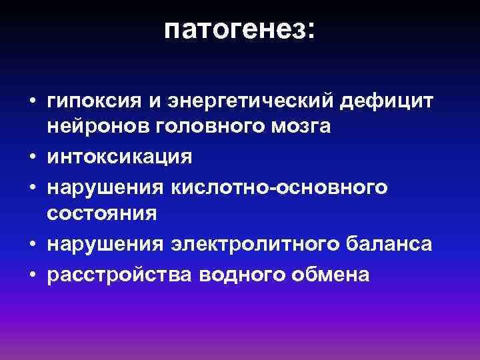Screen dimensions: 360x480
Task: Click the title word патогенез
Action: (234, 30)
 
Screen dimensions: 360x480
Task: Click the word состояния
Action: (102, 213)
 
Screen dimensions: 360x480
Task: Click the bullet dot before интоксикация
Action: (32, 157)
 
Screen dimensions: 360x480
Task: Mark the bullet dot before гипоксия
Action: (32, 101)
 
